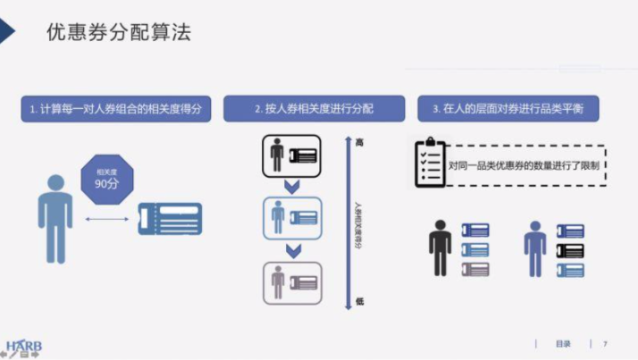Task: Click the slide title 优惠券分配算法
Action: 119,33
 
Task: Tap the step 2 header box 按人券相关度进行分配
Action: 313,109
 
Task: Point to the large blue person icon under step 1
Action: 55,218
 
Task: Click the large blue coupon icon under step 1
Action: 170,219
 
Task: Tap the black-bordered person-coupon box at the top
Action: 290,155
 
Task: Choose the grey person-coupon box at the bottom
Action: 290,283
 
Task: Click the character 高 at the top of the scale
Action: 359,142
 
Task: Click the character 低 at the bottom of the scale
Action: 359,301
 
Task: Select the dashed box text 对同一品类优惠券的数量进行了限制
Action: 525,165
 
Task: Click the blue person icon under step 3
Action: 534,248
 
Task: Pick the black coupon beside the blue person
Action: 569,250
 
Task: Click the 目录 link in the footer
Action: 563,344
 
